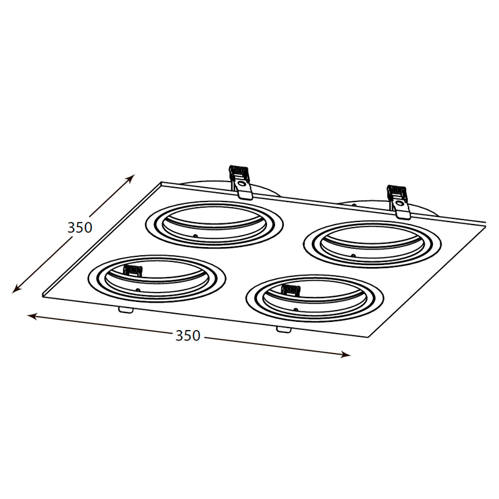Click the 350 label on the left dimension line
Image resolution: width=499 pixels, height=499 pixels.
[x=80, y=227]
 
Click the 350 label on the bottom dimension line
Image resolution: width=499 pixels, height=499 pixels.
[x=188, y=336]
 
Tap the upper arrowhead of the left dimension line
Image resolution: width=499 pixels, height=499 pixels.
[x=131, y=178]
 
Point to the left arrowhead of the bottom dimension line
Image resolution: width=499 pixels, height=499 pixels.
[x=32, y=316]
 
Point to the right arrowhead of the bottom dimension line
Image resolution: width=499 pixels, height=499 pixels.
[x=346, y=354]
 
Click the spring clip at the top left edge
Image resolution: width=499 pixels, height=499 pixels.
[x=241, y=182]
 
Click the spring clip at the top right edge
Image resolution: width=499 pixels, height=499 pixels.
[x=398, y=201]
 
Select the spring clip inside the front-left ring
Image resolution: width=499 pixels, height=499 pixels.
[x=133, y=271]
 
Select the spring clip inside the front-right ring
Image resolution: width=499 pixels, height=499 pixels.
[x=291, y=290]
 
